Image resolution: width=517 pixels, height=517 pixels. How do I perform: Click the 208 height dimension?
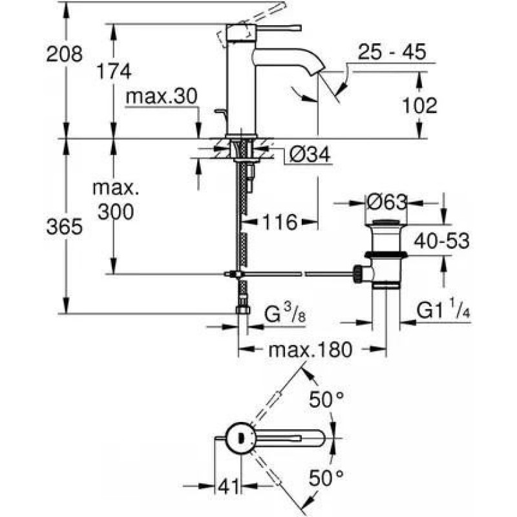(65, 54)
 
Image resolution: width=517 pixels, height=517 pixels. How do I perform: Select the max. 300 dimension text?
(116, 200)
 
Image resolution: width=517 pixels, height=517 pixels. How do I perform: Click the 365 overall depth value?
(65, 227)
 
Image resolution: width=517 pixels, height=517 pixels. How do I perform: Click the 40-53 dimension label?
(442, 241)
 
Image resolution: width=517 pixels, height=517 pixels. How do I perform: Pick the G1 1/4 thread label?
(443, 311)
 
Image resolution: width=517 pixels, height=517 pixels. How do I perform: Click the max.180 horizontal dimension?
(310, 351)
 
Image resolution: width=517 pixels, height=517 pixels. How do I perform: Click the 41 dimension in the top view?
(227, 485)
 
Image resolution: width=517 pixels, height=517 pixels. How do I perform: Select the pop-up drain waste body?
(386, 256)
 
